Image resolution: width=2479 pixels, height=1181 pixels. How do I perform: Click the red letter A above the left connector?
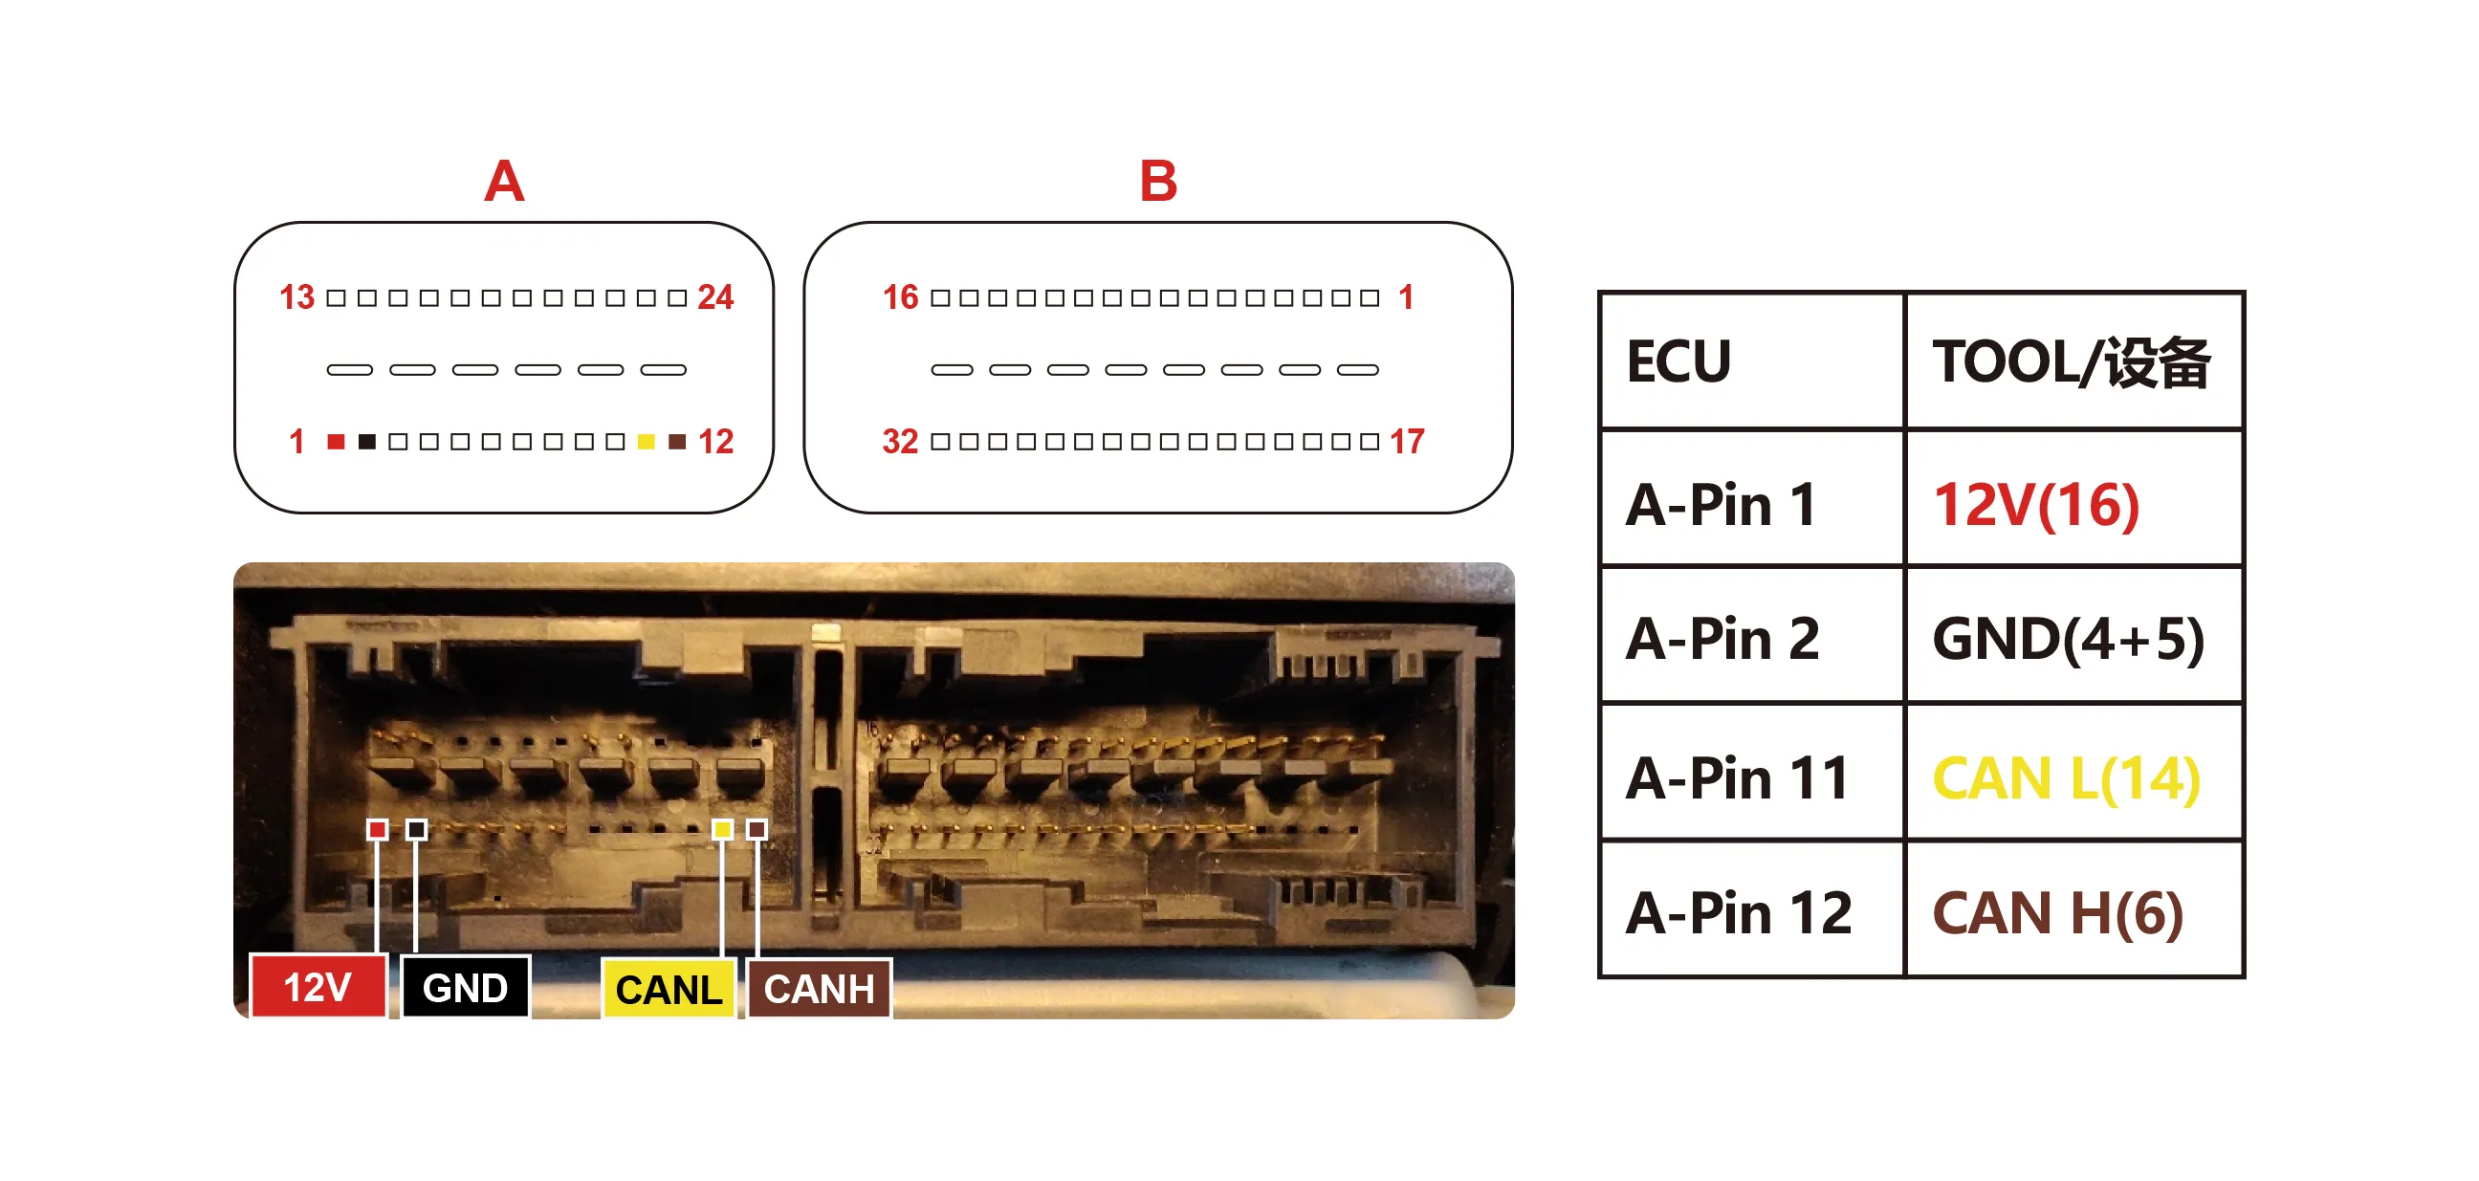504,181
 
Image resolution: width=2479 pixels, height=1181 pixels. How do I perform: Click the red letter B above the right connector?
1157,181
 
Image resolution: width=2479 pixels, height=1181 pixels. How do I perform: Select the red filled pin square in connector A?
336,442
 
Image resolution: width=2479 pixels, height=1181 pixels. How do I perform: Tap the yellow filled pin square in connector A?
647,442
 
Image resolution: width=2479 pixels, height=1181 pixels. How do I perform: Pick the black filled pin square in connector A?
366,442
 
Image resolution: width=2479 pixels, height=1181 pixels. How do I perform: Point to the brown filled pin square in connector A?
677,442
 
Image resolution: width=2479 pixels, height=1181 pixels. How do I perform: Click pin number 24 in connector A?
715,297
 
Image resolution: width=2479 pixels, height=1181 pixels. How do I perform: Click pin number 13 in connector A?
296,297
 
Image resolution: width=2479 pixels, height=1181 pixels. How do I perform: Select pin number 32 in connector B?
900,442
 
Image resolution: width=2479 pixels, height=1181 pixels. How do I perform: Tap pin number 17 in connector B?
1407,442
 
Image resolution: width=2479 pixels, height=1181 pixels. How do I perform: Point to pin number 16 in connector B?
901,297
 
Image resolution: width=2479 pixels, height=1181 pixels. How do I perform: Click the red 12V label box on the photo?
318,987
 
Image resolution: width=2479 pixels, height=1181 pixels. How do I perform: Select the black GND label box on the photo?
466,987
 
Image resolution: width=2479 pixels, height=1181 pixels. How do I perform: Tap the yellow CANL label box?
669,989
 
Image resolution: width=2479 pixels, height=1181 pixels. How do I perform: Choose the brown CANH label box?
820,989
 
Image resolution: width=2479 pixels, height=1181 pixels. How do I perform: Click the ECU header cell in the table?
1751,361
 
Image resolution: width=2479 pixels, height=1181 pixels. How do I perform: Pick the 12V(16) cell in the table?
2073,498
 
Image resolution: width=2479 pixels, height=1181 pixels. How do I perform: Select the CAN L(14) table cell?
2073,773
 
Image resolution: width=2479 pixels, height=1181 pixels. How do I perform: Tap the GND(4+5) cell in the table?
2073,635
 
